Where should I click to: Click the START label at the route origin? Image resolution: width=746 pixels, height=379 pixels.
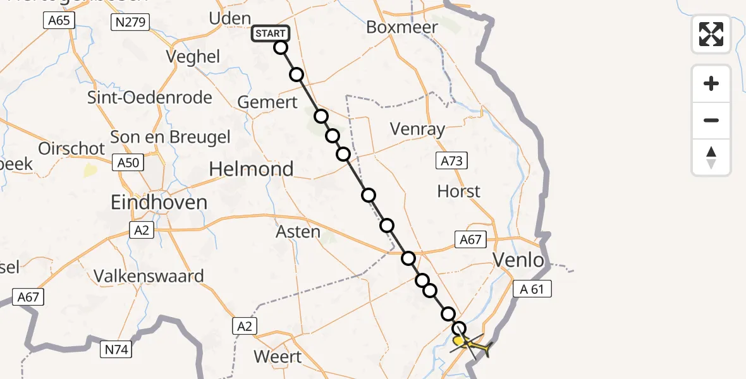[271, 33]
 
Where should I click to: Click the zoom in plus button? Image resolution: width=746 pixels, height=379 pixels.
[711, 83]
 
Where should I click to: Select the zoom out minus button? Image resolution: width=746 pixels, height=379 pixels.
[711, 120]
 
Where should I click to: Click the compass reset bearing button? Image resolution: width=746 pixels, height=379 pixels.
[711, 157]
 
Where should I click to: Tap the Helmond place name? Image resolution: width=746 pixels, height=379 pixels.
[251, 169]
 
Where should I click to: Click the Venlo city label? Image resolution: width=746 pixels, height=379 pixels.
[518, 260]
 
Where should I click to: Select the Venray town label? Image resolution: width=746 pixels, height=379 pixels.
[417, 129]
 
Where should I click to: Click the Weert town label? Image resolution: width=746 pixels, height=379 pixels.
[278, 356]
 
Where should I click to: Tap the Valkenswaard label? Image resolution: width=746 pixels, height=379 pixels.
[149, 276]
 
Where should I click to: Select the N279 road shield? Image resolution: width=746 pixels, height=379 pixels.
[129, 23]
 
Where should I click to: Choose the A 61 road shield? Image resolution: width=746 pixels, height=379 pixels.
[533, 289]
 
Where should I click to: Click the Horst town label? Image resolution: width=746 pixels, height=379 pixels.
[459, 191]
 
